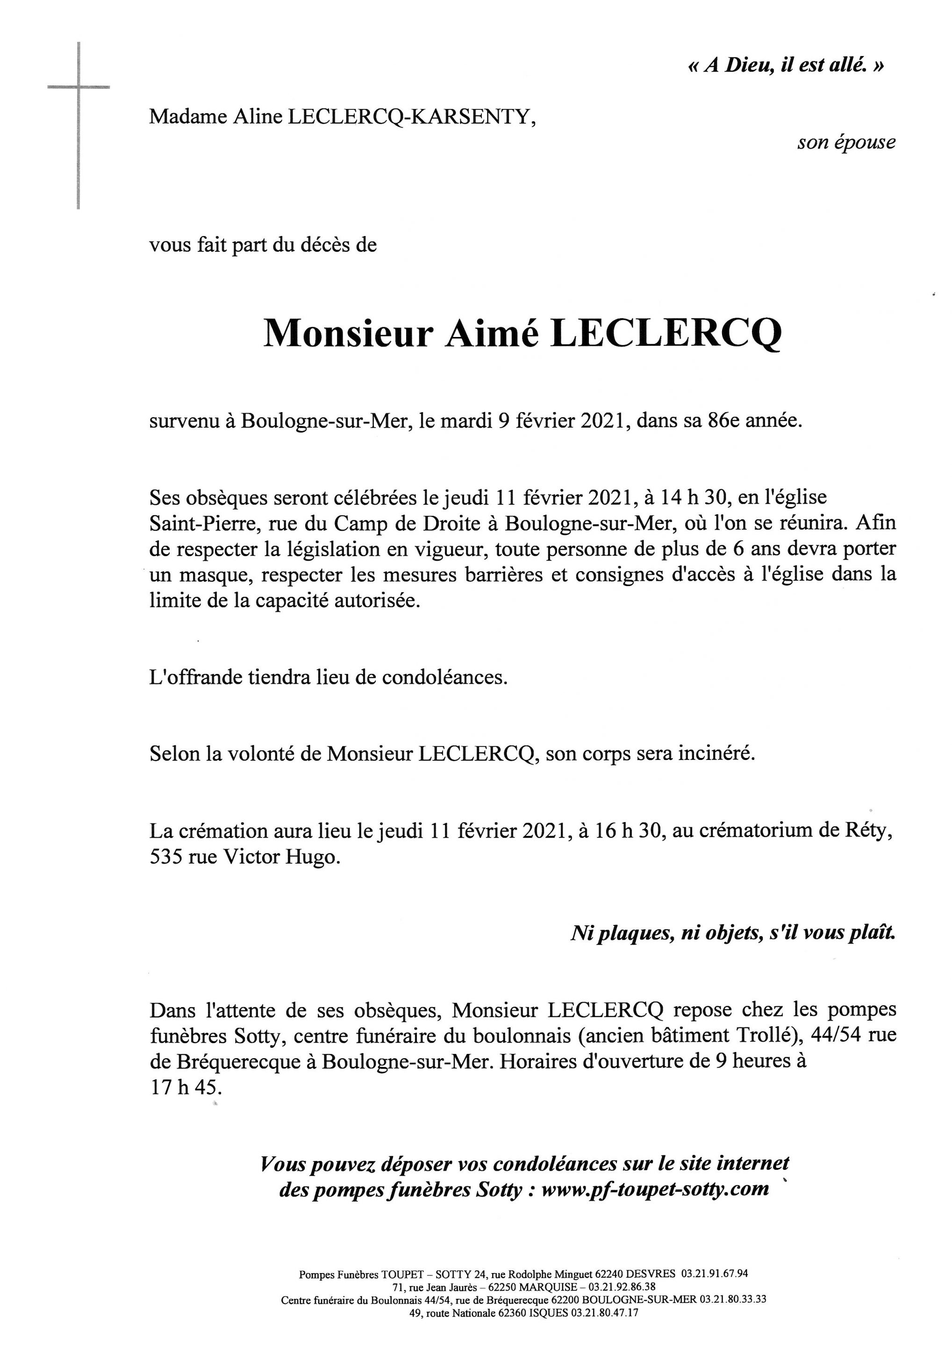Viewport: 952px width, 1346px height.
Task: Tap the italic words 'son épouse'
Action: click(846, 143)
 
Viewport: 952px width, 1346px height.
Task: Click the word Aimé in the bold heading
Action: click(492, 333)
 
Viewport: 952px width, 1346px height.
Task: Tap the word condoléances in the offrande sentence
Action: click(444, 677)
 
